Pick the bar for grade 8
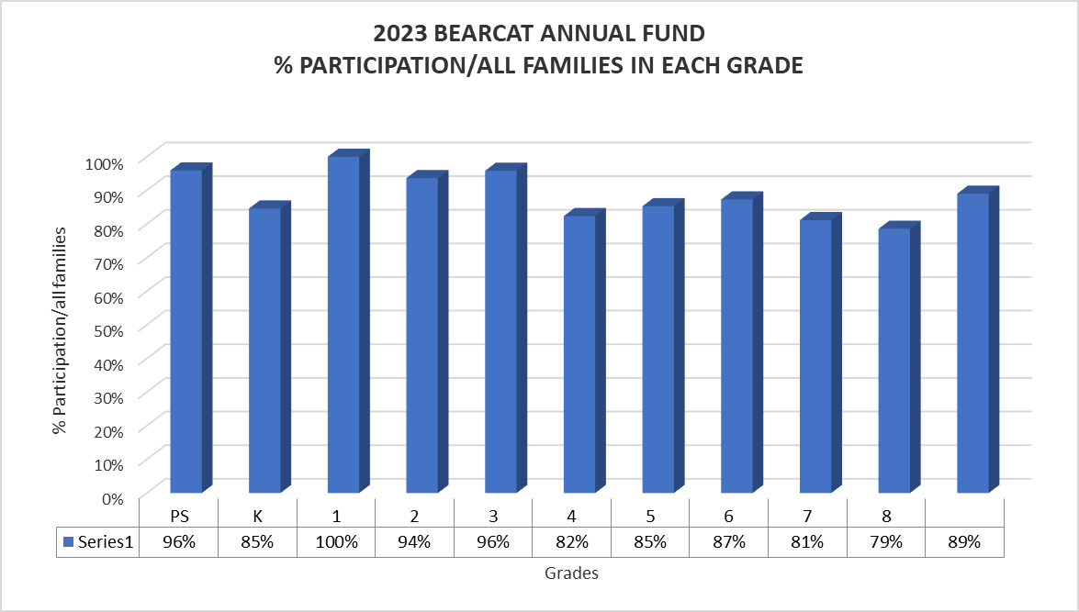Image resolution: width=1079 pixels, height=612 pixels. [894, 360]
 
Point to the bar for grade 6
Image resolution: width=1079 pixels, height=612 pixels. [736, 345]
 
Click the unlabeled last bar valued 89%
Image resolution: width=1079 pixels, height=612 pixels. [972, 342]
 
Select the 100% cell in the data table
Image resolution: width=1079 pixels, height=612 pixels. [336, 542]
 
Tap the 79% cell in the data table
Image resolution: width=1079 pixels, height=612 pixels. [886, 542]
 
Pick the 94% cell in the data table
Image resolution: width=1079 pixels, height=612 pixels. [415, 542]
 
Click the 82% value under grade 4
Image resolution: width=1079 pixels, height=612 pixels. [572, 542]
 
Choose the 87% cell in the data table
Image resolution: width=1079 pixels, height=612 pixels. [729, 542]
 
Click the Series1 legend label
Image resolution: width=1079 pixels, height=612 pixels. [104, 542]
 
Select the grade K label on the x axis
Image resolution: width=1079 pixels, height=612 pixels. [258, 515]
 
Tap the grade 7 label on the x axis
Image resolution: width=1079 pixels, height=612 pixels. [807, 515]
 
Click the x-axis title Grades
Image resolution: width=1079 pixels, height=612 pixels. [571, 574]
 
